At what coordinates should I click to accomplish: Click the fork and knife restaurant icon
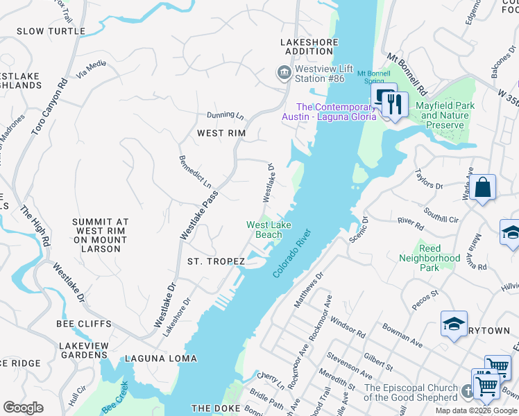[x=395, y=104]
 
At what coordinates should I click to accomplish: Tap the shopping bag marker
[x=482, y=187]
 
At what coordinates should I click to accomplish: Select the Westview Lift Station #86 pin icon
[x=283, y=73]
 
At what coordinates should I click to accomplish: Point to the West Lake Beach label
[x=269, y=229]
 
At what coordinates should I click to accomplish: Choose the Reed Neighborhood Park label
[x=429, y=258]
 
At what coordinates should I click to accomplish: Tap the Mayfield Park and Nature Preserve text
[x=445, y=115]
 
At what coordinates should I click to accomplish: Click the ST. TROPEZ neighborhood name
[x=216, y=261]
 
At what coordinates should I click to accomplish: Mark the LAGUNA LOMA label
[x=161, y=358]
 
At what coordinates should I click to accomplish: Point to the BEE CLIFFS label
[x=85, y=324]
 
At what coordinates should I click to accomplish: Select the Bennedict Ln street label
[x=195, y=172]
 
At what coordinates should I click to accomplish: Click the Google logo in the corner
[x=23, y=408]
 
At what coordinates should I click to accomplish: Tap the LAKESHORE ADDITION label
[x=307, y=46]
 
